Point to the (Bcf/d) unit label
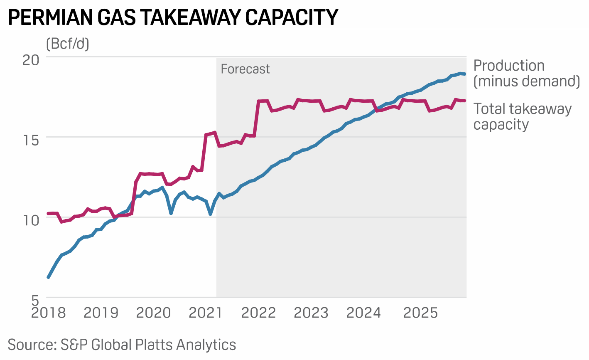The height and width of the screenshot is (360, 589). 68,43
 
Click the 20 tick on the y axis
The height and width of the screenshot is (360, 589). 31,60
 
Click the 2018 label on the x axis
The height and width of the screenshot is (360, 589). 49,313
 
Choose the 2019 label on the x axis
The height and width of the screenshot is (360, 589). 101,313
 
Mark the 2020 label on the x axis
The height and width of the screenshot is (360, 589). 154,313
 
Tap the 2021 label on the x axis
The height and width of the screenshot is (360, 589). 206,313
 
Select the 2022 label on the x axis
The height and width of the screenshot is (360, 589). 259,313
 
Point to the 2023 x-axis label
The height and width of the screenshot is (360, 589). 311,313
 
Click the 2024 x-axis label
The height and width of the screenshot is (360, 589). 364,313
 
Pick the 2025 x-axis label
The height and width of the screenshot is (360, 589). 421,313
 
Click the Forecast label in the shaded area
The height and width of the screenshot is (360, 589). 245,69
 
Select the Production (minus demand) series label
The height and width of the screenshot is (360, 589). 526,73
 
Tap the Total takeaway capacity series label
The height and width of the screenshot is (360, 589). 522,116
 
